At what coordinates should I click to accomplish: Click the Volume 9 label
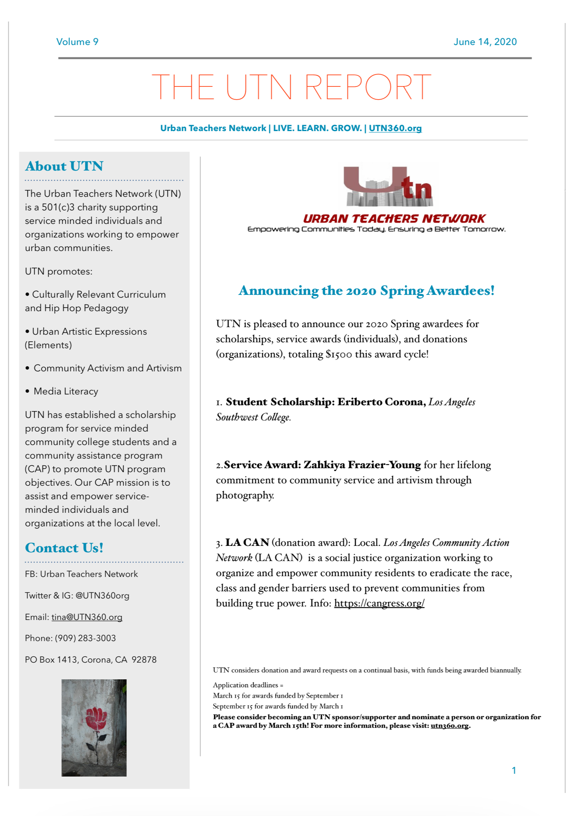coord(77,42)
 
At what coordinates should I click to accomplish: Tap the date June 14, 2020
coord(485,42)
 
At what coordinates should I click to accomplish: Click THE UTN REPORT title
coord(291,87)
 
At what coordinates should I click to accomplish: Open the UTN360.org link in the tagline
coord(395,128)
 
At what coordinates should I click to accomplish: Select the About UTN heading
coord(64,166)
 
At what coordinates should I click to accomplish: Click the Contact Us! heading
coord(64,548)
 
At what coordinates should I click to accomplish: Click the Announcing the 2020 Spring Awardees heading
coord(366,290)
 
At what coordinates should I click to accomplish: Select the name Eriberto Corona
coord(381,402)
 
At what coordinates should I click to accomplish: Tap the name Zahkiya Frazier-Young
coord(362,465)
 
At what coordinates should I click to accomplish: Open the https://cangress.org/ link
coord(379,603)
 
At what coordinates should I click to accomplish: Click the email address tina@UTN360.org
coord(87,617)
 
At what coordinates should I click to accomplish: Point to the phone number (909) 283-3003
coord(85,638)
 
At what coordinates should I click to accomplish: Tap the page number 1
coord(514,771)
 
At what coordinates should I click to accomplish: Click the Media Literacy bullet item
coord(65,391)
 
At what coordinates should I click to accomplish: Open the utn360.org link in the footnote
coord(450,726)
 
